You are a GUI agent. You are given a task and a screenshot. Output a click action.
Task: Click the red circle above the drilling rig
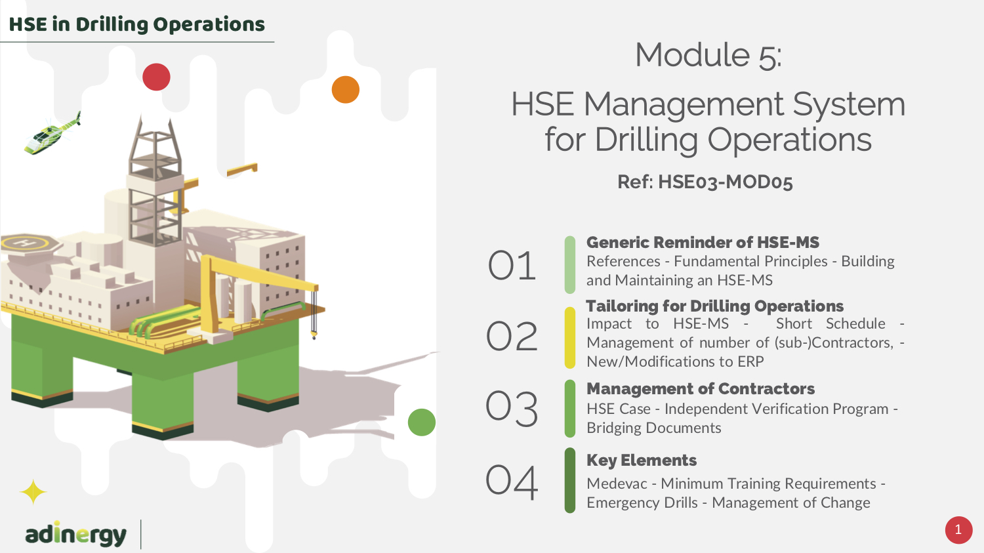(156, 77)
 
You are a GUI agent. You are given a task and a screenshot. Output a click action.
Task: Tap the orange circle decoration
(345, 90)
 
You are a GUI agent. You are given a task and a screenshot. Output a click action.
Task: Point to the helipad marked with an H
(30, 243)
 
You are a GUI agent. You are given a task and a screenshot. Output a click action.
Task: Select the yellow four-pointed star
(33, 492)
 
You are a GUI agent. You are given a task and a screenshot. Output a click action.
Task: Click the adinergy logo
(76, 534)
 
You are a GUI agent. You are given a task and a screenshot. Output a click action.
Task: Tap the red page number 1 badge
(958, 530)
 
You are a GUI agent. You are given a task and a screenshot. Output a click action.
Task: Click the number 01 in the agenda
(512, 265)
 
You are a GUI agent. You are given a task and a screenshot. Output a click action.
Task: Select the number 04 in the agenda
(512, 482)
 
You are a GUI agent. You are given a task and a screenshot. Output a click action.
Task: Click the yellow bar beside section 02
(570, 338)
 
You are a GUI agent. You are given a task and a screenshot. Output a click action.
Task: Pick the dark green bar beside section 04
(570, 480)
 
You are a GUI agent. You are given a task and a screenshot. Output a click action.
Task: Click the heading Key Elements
(642, 461)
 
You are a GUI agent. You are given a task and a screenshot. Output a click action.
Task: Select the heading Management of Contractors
(701, 389)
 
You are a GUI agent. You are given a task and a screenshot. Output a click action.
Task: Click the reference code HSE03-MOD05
(726, 182)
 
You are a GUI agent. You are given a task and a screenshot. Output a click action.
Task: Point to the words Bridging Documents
(653, 428)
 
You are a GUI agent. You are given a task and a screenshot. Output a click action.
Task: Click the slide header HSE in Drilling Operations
(136, 24)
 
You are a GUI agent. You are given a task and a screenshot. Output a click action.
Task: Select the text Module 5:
(708, 55)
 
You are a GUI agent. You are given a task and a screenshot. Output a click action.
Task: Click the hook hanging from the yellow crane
(314, 336)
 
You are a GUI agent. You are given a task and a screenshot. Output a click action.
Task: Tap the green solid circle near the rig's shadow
(422, 422)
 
